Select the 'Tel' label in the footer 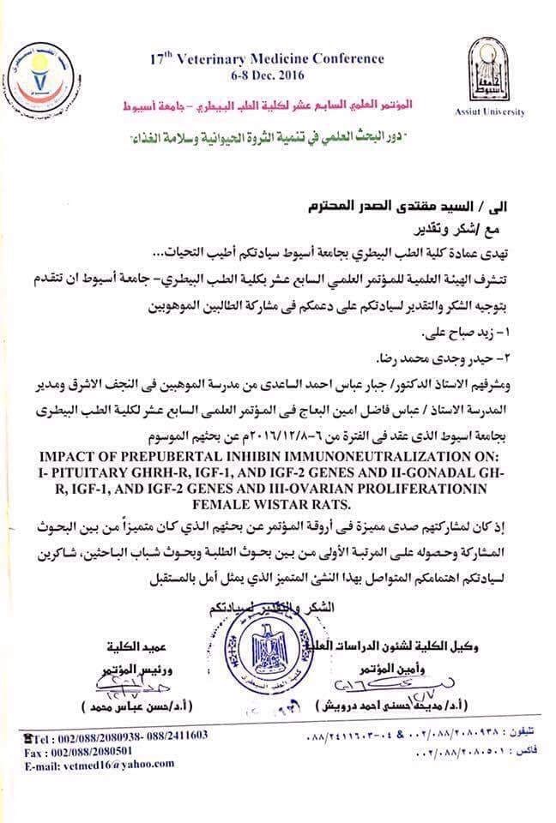pos(39,736)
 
